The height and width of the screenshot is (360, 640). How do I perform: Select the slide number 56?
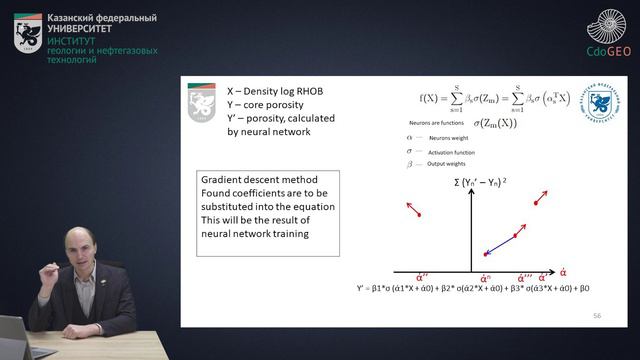coord(597,314)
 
